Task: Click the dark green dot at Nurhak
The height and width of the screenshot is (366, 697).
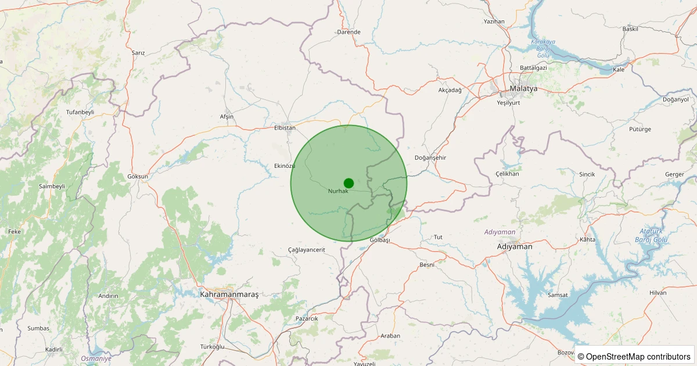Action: point(348,183)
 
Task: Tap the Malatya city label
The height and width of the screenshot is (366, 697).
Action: point(523,89)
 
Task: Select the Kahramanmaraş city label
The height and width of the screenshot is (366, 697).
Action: point(229,295)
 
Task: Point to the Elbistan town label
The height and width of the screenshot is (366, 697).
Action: point(285,128)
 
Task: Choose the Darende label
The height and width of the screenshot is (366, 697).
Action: point(348,32)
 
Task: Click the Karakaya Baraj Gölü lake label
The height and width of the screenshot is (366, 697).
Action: point(543,48)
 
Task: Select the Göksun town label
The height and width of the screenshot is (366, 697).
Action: point(138,176)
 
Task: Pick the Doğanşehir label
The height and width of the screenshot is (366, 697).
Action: point(430,158)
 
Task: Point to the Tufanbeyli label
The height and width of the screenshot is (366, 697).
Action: point(80,112)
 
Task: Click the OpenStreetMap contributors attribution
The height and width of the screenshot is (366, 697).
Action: point(634,356)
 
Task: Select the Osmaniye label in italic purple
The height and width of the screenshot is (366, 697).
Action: point(96,358)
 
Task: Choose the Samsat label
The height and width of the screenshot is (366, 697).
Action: point(558,295)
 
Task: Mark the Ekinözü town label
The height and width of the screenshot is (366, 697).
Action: point(285,166)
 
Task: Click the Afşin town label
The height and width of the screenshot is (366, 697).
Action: point(227,117)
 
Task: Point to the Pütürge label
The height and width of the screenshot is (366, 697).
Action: point(640,129)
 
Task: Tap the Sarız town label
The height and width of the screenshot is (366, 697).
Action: point(138,53)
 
